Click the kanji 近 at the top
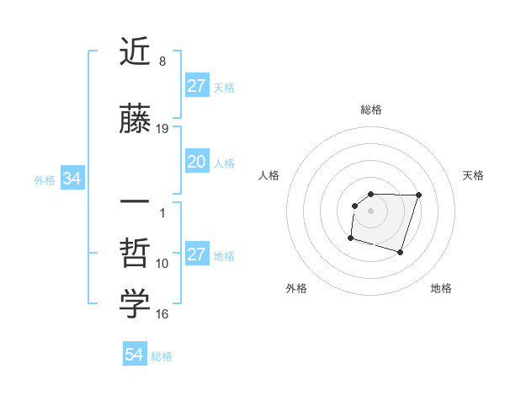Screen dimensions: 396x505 click(x=135, y=53)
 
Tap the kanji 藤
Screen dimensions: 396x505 click(x=135, y=120)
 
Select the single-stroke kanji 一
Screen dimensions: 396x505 click(x=135, y=203)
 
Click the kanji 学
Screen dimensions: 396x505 click(x=135, y=304)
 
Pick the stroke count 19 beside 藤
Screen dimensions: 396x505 click(x=162, y=129)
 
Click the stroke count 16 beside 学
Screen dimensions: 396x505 click(x=162, y=314)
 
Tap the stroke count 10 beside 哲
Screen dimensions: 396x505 click(x=162, y=264)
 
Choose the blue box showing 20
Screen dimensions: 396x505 click(x=197, y=163)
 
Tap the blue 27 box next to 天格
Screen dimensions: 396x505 click(x=197, y=86)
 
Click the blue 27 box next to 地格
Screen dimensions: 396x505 click(x=197, y=255)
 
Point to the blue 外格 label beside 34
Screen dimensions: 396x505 click(x=45, y=179)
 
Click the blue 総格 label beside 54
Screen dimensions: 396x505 click(x=162, y=356)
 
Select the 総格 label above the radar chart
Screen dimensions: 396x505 click(x=371, y=110)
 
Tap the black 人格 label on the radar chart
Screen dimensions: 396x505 click(x=269, y=175)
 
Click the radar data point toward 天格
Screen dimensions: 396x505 click(x=419, y=195)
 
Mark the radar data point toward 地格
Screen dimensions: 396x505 click(x=400, y=253)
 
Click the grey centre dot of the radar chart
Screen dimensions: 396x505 click(x=371, y=210)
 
